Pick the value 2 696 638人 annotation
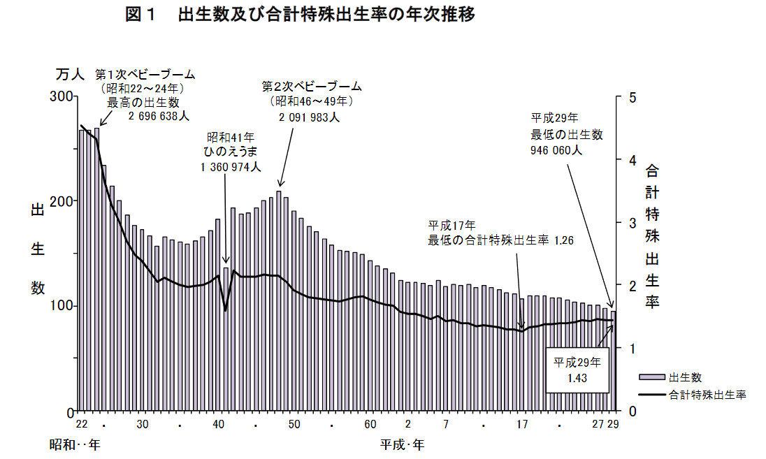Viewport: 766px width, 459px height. [159, 117]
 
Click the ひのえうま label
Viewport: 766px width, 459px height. [230, 152]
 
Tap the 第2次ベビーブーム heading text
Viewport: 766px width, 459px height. [312, 87]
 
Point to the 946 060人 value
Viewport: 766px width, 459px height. [556, 149]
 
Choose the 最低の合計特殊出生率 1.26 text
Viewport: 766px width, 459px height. [500, 240]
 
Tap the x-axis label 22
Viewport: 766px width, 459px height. [81, 425]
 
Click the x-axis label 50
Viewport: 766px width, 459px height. [294, 425]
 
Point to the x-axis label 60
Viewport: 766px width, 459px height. [370, 425]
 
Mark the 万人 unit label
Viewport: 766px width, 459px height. [70, 73]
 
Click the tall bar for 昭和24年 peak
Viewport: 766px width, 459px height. [96, 269]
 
